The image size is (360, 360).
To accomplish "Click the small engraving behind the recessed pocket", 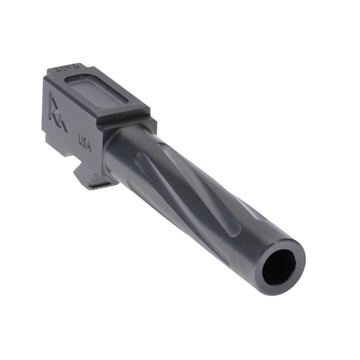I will tap(68, 65).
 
